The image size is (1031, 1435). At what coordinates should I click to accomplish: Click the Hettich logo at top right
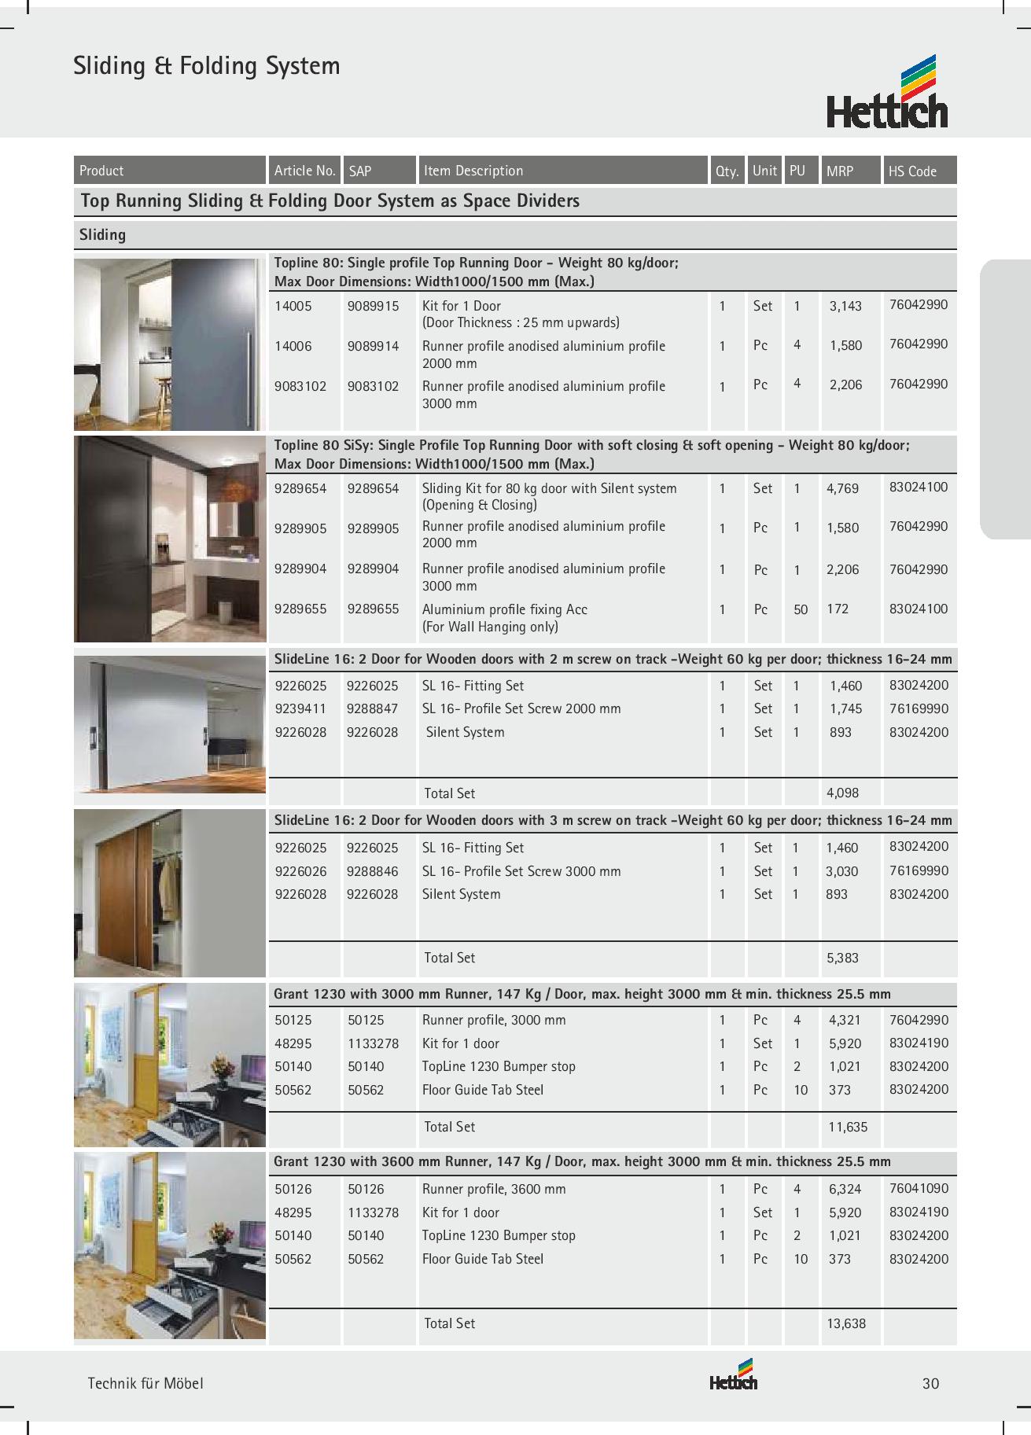pyautogui.click(x=887, y=93)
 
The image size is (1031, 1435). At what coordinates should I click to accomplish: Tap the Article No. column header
pyautogui.click(x=304, y=171)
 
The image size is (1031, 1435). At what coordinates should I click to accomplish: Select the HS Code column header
pyautogui.click(x=912, y=171)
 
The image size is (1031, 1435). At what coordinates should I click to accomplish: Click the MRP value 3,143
pyautogui.click(x=845, y=306)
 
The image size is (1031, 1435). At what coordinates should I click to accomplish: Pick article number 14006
pyautogui.click(x=293, y=346)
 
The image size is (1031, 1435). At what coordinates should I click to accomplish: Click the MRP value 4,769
pyautogui.click(x=842, y=488)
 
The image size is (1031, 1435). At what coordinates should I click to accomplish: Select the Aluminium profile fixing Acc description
pyautogui.click(x=504, y=609)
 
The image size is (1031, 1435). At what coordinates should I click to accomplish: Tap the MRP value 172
pyautogui.click(x=838, y=609)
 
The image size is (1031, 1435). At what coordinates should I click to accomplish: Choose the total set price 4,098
pyautogui.click(x=842, y=793)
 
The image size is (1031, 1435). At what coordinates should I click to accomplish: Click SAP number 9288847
pyautogui.click(x=373, y=708)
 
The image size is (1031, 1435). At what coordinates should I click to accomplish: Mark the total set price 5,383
pyautogui.click(x=842, y=958)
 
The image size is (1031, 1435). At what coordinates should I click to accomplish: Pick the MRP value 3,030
pyautogui.click(x=842, y=871)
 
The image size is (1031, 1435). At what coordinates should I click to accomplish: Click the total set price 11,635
pyautogui.click(x=848, y=1127)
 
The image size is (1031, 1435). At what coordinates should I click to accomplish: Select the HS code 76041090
pyautogui.click(x=919, y=1189)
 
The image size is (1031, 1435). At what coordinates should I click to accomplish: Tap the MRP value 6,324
pyautogui.click(x=845, y=1189)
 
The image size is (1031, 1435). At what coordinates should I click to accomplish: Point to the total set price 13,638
pyautogui.click(x=846, y=1323)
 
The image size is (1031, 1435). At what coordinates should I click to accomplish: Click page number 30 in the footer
pyautogui.click(x=930, y=1384)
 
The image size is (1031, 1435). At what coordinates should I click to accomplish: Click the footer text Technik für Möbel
pyautogui.click(x=145, y=1384)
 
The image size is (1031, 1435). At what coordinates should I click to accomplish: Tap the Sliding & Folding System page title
pyautogui.click(x=207, y=65)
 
